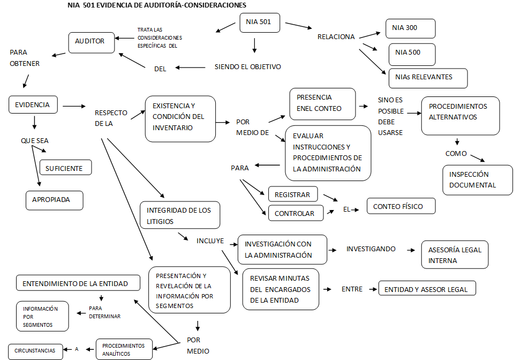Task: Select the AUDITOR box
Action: (x=92, y=42)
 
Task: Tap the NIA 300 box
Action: (x=410, y=28)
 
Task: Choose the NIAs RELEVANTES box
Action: (x=428, y=78)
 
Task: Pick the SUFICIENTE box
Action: (x=65, y=168)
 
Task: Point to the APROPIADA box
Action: (x=55, y=200)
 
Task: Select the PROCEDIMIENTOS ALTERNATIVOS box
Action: (x=460, y=116)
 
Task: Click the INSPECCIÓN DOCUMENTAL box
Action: (x=478, y=180)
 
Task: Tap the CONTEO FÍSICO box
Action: (x=401, y=206)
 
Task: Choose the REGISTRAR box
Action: (x=292, y=194)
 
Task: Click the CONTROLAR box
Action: (x=296, y=213)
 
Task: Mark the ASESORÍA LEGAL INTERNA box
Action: (x=455, y=254)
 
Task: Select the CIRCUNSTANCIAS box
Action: (x=35, y=351)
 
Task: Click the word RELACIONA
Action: (x=336, y=37)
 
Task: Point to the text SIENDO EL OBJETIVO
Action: (x=247, y=67)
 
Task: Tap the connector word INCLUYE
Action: (x=210, y=241)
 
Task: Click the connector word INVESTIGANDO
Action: (x=371, y=249)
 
